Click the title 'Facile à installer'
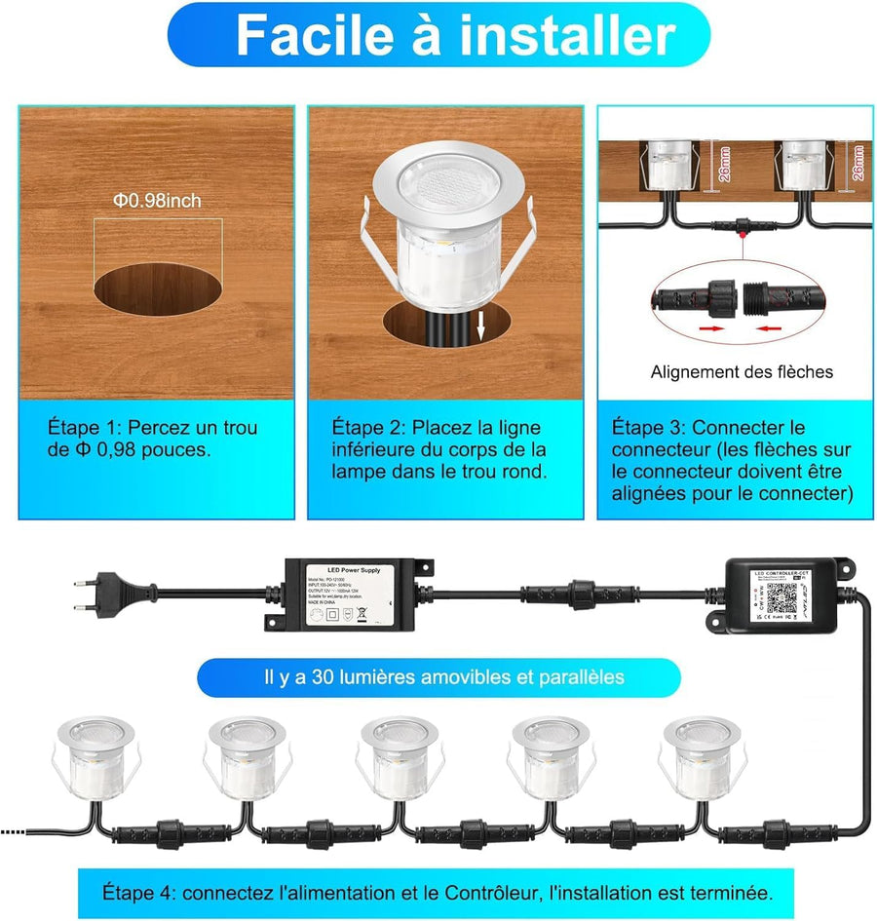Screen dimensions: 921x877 [455, 35]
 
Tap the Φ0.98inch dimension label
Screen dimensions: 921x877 [156, 201]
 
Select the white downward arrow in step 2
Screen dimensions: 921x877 [480, 330]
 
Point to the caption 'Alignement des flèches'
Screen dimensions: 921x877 [742, 371]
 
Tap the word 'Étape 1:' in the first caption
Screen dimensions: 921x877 [85, 428]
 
